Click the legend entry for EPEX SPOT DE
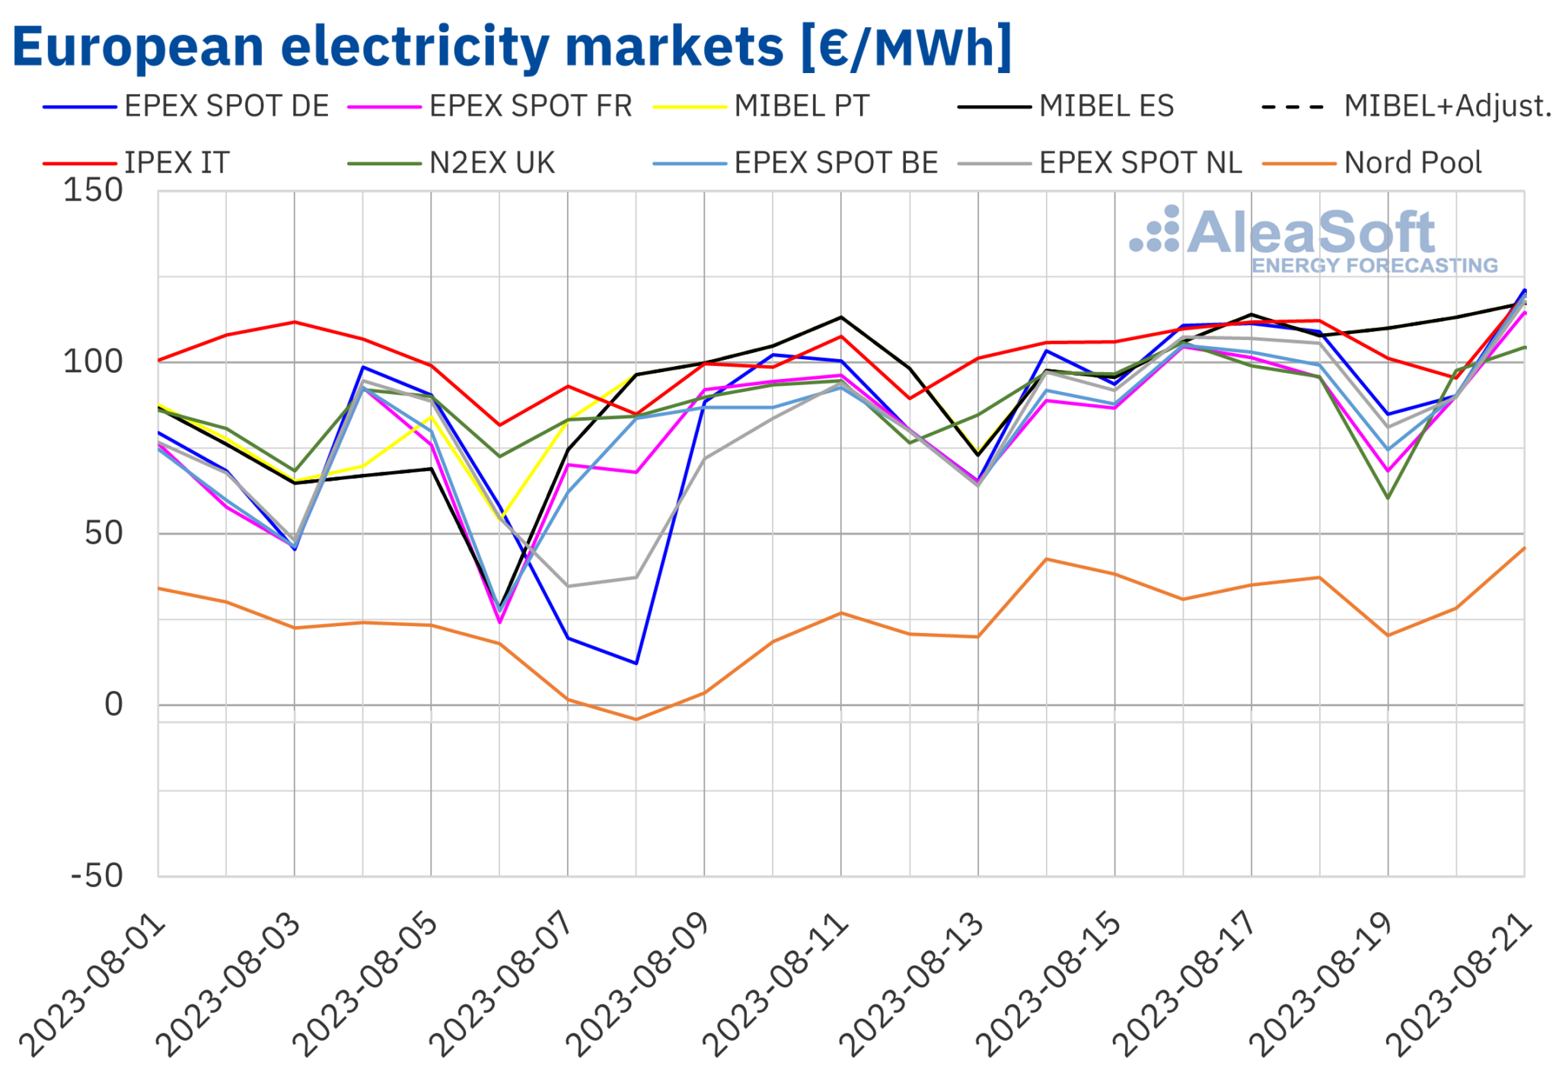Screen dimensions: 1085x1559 pos(226,107)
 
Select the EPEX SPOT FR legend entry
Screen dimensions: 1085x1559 pos(531,107)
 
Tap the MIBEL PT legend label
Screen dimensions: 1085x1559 pos(802,107)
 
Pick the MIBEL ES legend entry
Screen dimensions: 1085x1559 pos(1106,107)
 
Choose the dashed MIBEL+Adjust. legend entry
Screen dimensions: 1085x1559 pos(1446,107)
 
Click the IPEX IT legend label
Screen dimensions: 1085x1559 pos(177,163)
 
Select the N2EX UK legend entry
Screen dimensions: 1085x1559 pos(492,163)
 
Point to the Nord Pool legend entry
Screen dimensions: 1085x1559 pos(1412,163)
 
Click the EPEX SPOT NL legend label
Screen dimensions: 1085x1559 pos(1140,163)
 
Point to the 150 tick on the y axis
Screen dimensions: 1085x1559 pos(93,190)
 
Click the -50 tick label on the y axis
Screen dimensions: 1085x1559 pos(97,876)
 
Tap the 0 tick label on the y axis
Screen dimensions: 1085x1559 pos(113,705)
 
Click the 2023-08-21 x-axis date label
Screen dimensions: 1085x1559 pos(1459,985)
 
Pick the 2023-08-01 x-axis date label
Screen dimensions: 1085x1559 pos(93,985)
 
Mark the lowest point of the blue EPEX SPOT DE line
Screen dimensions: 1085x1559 pos(636,663)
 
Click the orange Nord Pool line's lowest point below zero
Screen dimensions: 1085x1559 pos(636,719)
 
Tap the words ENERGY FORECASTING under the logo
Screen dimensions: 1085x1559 pos(1374,266)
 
